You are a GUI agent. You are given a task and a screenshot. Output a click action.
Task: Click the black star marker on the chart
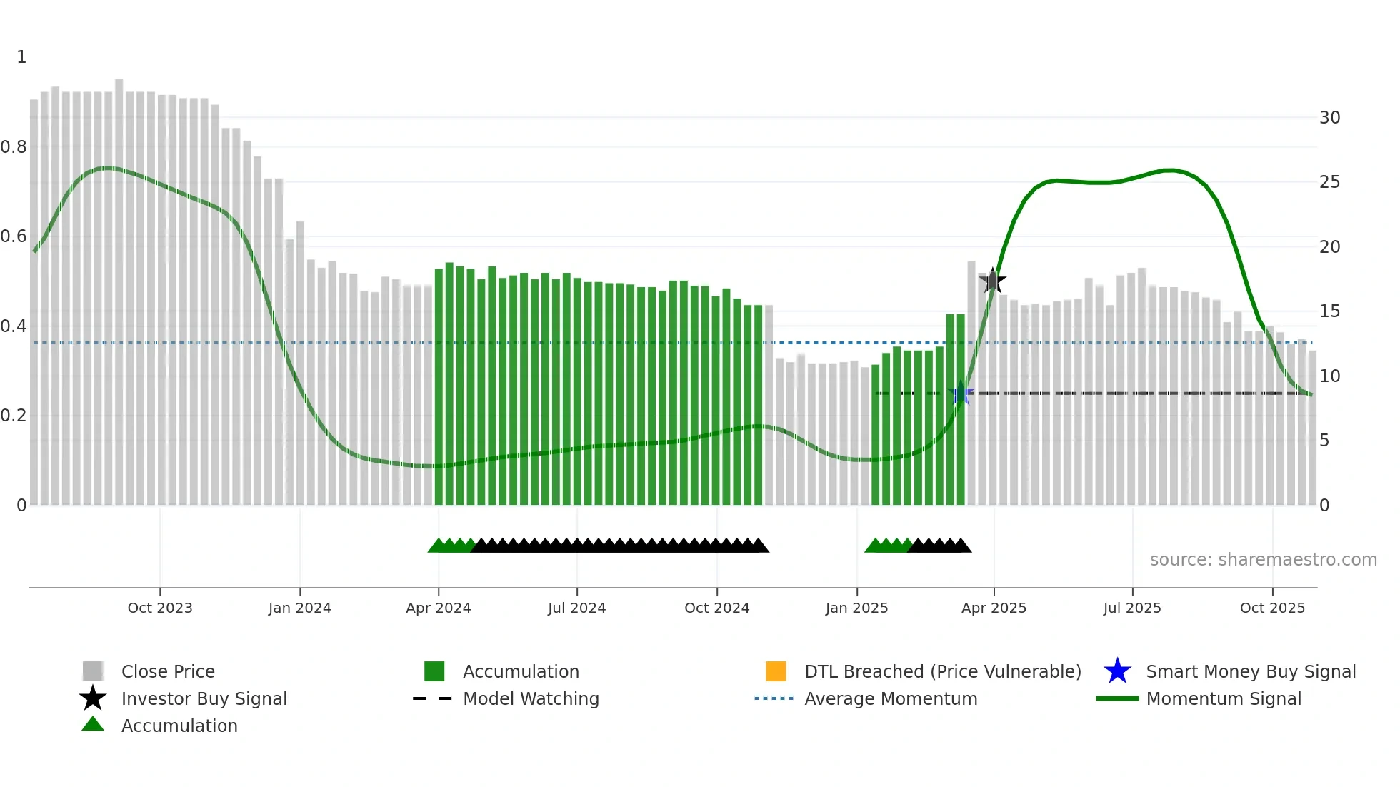[992, 281]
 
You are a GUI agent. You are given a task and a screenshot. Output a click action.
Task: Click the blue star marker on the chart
[961, 393]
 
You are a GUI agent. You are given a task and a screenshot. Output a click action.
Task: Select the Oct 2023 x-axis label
[160, 608]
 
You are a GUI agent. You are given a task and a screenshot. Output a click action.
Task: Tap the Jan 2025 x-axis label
[856, 608]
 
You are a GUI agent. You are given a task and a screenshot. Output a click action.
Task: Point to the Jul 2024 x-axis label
[576, 608]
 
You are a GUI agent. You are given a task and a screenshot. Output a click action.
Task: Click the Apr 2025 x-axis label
[994, 608]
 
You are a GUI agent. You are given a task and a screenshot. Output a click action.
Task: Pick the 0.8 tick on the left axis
[14, 147]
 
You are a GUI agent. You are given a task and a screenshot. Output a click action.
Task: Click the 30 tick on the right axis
[1329, 118]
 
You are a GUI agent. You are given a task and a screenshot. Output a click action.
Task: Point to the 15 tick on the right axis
[1329, 311]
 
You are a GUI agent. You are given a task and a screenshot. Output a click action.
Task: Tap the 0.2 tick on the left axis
[14, 416]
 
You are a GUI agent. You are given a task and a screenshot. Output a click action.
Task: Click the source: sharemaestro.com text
[1263, 560]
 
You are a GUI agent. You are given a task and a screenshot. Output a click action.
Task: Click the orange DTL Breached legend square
[776, 671]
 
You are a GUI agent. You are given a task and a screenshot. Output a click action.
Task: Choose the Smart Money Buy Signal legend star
[1117, 671]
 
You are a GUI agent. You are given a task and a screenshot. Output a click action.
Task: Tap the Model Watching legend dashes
[432, 698]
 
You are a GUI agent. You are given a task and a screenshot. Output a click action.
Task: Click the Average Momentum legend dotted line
[774, 698]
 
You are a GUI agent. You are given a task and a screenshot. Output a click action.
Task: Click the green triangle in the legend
[93, 725]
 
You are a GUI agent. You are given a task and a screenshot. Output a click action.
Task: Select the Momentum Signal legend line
[1117, 698]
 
